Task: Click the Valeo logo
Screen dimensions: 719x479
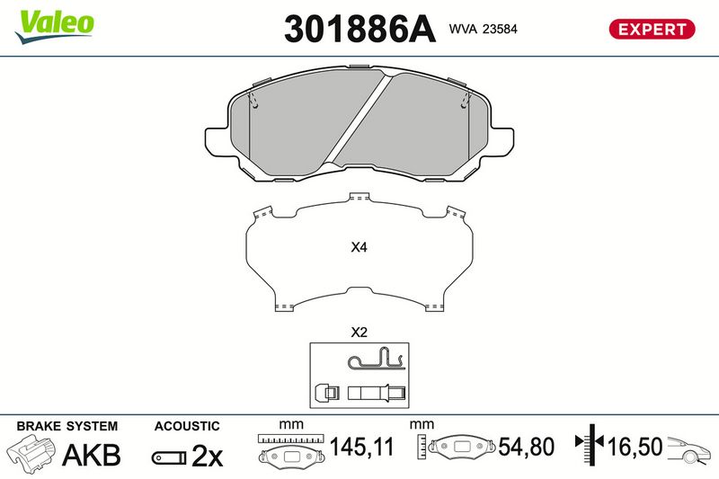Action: pos(54,27)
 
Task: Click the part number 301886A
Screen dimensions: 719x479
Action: pos(359,30)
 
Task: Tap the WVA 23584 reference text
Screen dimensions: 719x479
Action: pos(483,29)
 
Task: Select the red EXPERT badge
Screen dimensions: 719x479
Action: pos(652,30)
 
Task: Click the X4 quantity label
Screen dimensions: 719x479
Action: pos(359,247)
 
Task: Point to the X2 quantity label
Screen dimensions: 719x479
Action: pos(359,332)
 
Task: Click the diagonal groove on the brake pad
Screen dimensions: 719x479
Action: pos(358,119)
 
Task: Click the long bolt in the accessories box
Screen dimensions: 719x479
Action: pos(377,393)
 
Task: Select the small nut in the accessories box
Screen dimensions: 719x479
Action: pos(326,393)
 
